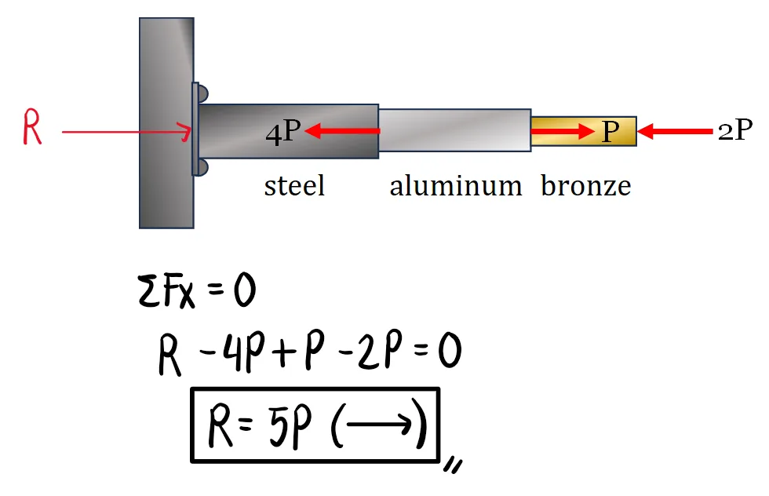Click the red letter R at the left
point(31,129)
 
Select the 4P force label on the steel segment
point(282,132)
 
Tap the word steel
point(294,186)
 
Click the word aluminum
point(455,186)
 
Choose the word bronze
point(586,186)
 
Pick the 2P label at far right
point(734,131)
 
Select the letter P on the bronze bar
point(610,132)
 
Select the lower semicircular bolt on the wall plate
point(202,166)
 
